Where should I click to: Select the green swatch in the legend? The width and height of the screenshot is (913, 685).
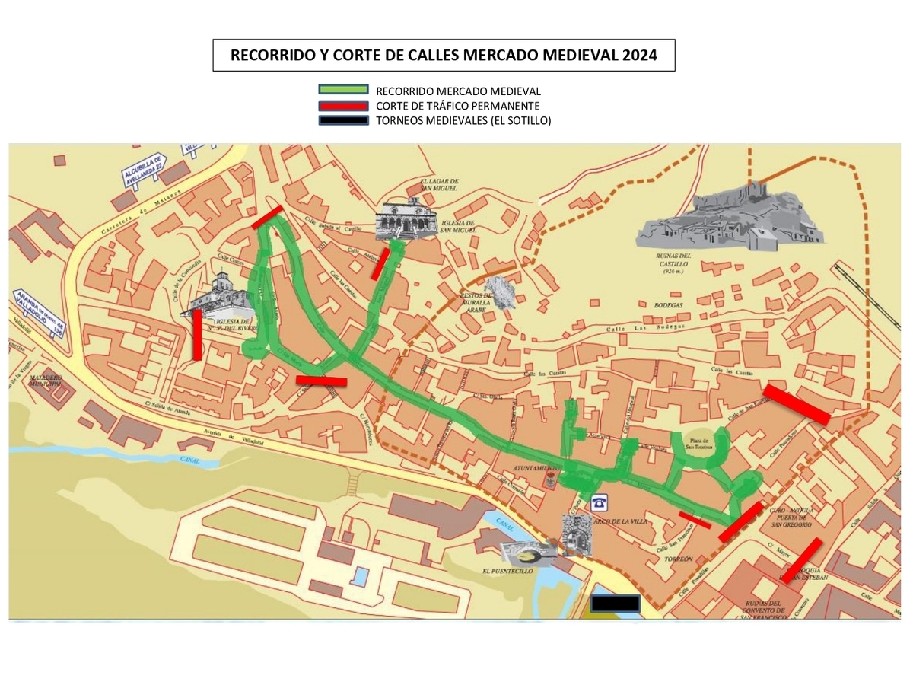[x=344, y=91]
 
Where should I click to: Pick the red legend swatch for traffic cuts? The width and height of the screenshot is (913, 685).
[x=344, y=105]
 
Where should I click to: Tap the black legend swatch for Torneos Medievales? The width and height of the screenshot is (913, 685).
[x=344, y=119]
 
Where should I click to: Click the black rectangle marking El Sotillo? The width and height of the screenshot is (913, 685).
[x=616, y=603]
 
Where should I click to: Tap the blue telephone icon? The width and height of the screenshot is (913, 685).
[x=600, y=501]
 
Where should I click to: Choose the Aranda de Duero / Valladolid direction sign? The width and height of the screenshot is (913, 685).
[x=38, y=313]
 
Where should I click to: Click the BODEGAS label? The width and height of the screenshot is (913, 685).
[x=667, y=305]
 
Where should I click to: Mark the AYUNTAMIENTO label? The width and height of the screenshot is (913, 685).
[x=536, y=468]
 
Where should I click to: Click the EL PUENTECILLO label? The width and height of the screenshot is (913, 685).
[x=507, y=570]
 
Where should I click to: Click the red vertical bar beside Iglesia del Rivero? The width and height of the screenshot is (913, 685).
[x=197, y=334]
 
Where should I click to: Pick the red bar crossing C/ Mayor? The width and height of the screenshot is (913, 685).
[x=801, y=559]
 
